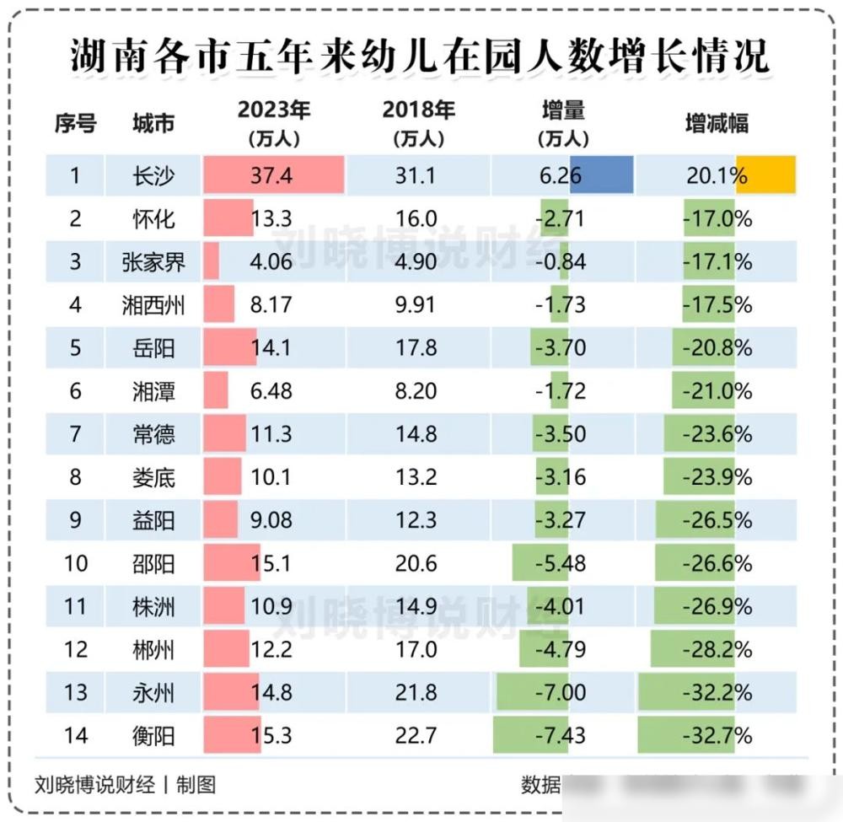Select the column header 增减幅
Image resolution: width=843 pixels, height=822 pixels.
pyautogui.click(x=716, y=124)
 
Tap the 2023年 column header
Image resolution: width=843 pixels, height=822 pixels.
pyautogui.click(x=273, y=122)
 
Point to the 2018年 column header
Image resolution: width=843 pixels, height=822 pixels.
pyautogui.click(x=419, y=122)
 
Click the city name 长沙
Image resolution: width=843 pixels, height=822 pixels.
pyautogui.click(x=153, y=175)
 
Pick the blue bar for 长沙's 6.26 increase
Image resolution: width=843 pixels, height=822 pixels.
pyautogui.click(x=601, y=175)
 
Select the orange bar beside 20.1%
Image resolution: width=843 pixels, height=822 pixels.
pyautogui.click(x=765, y=175)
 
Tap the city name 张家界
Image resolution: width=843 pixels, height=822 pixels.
pyautogui.click(x=153, y=261)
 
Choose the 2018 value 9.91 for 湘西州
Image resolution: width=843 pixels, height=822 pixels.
pyautogui.click(x=416, y=304)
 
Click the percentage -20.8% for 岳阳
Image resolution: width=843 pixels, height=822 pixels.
pyautogui.click(x=717, y=347)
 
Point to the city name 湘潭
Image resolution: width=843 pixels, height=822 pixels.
pyautogui.click(x=153, y=390)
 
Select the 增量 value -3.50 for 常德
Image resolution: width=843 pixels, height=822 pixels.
pyautogui.click(x=561, y=434)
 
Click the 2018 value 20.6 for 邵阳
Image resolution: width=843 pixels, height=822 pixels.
pyautogui.click(x=416, y=562)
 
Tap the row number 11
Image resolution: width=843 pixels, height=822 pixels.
pyautogui.click(x=76, y=606)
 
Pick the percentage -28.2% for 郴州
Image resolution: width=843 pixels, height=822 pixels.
pyautogui.click(x=717, y=649)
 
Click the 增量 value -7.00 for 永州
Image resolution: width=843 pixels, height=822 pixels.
pyautogui.click(x=561, y=692)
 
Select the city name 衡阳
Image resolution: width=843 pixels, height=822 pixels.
pyautogui.click(x=153, y=736)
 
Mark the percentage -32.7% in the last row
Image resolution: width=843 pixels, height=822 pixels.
pyautogui.click(x=717, y=736)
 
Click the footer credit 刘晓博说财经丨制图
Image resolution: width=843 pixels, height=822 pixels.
pyautogui.click(x=126, y=785)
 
